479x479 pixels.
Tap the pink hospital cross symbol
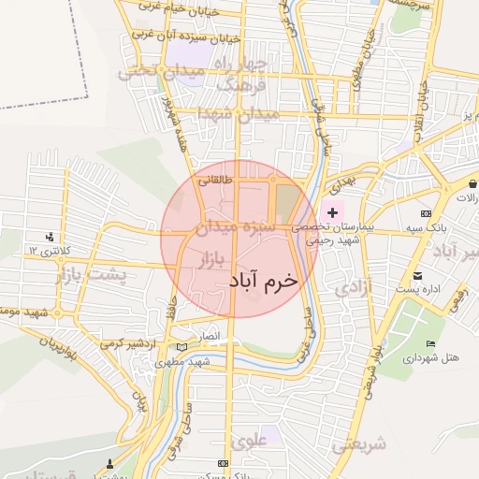[x=332, y=213]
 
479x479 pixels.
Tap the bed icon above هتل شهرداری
[x=430, y=344]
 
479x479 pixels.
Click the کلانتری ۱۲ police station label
[x=44, y=251]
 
